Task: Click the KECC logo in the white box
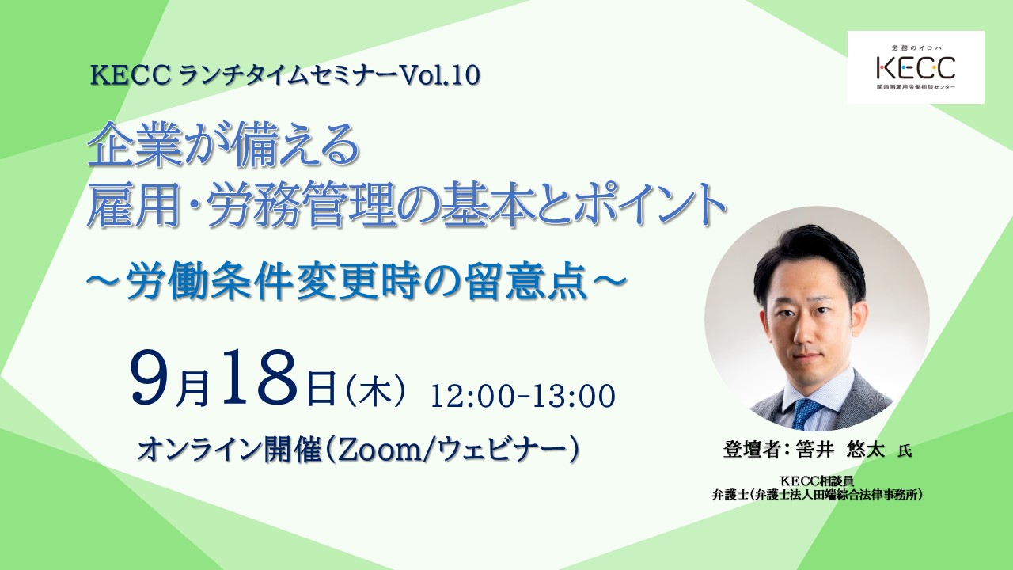(x=916, y=66)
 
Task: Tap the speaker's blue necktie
(x=806, y=412)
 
